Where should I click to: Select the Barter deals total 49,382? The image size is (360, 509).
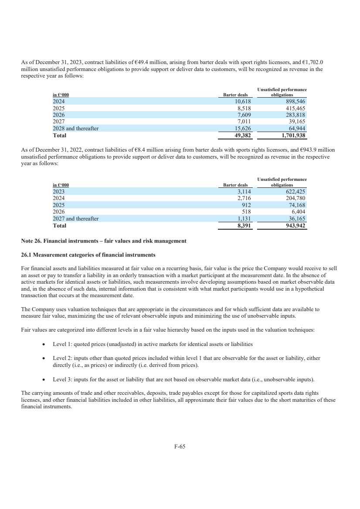(241, 135)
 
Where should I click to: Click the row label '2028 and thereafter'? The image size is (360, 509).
(75, 129)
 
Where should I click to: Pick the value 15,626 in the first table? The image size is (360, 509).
(241, 129)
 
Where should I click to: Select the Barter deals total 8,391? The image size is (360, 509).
(242, 226)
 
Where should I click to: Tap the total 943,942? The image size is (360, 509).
(295, 226)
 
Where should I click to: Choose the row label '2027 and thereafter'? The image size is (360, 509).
(75, 219)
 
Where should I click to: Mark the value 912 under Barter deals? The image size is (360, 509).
(245, 205)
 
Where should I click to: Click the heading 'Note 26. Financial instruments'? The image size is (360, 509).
(104, 241)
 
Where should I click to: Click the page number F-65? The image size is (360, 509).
(180, 446)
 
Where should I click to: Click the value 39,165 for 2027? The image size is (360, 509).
(298, 122)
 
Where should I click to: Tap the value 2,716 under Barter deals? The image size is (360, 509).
(242, 198)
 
